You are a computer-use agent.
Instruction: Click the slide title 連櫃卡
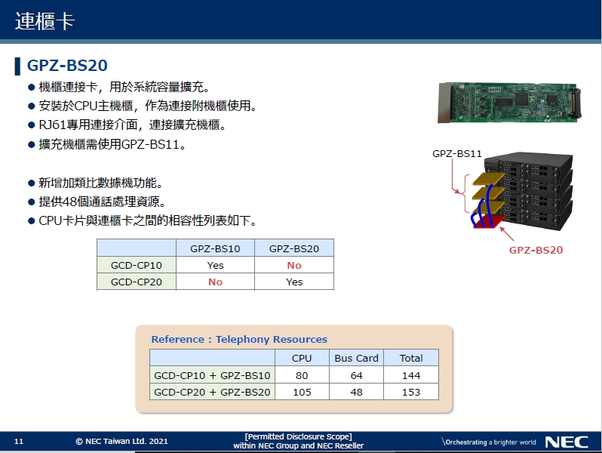tap(45, 21)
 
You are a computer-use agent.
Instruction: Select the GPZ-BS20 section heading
tap(67, 66)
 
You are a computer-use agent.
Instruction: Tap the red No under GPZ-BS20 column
tap(294, 265)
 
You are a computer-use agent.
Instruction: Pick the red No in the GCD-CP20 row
tap(215, 282)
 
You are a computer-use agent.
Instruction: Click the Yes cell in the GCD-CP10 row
tap(215, 265)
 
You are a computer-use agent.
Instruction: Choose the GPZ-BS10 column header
tap(215, 248)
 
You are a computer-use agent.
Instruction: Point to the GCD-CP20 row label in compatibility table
tap(136, 282)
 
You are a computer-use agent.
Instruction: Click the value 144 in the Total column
tap(411, 375)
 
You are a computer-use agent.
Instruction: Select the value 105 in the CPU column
tap(302, 392)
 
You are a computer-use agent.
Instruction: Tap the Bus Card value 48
tap(356, 392)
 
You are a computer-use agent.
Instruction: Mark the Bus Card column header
tap(356, 358)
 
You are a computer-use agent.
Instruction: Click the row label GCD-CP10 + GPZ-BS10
tap(212, 375)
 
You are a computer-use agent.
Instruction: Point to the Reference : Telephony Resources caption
tap(239, 340)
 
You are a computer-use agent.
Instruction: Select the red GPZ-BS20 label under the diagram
tap(536, 250)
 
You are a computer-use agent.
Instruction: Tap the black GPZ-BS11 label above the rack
tap(457, 153)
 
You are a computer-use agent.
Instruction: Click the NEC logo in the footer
tap(561, 442)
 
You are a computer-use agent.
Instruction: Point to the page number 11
tap(20, 442)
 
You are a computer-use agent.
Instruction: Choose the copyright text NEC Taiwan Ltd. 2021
tap(121, 442)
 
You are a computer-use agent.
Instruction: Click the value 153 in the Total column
tap(411, 392)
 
